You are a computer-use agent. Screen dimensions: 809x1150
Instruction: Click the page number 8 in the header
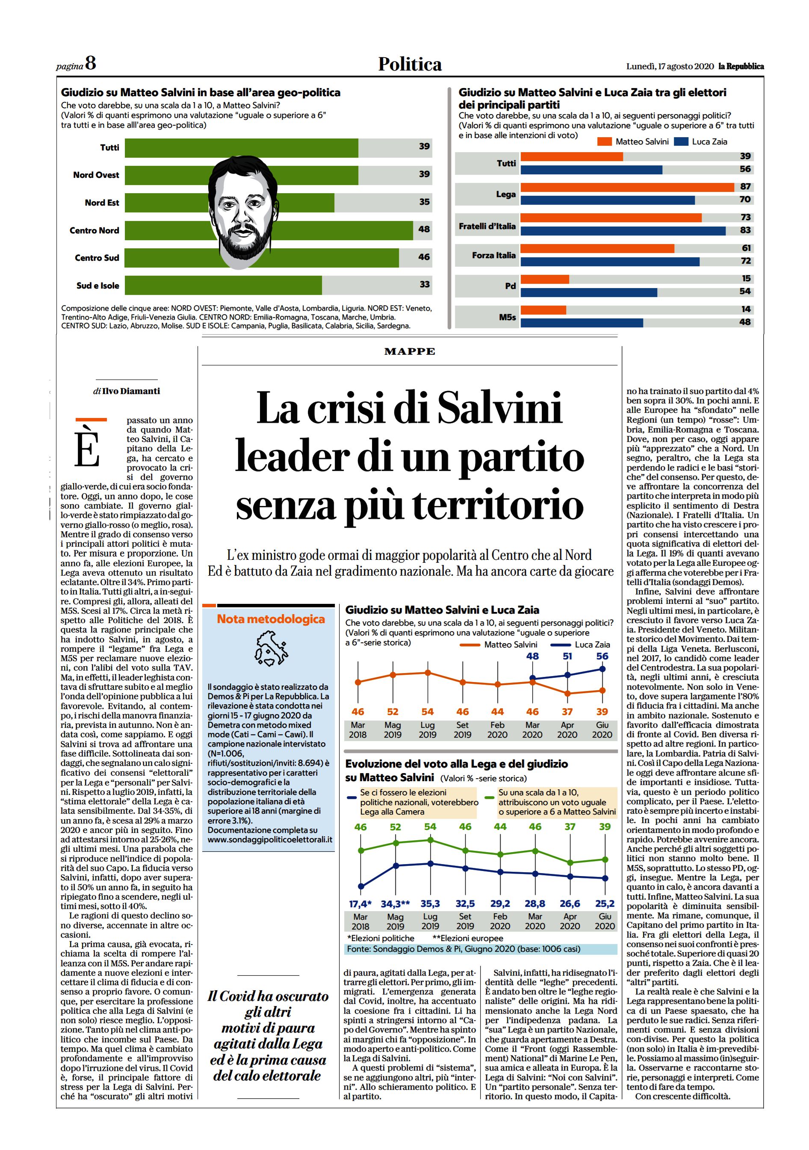pos(90,64)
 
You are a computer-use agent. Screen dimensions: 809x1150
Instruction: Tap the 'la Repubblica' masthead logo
pos(741,66)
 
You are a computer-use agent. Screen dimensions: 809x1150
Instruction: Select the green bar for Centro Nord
pos(269,230)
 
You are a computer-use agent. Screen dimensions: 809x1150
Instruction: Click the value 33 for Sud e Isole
pos(425,284)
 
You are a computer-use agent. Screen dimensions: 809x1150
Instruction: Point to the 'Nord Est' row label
pos(102,203)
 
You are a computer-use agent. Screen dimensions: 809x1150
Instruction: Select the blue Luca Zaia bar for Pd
pos(589,292)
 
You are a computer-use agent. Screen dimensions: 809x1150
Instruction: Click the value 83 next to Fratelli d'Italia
pos(745,230)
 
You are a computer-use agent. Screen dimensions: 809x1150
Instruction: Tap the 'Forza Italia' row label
pos(494,255)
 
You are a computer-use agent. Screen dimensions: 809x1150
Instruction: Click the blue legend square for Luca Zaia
pos(681,142)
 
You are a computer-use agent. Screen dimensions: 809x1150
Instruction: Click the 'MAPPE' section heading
pos(410,352)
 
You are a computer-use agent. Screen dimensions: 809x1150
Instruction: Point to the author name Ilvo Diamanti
pos(131,391)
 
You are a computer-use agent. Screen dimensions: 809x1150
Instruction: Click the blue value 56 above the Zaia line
pos(602,656)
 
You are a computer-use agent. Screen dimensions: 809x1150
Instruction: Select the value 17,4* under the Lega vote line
pos(360,903)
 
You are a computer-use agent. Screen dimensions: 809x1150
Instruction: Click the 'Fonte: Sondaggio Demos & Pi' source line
pos(464,949)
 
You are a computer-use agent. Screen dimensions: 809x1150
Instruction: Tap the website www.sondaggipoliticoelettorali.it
pos(270,839)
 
